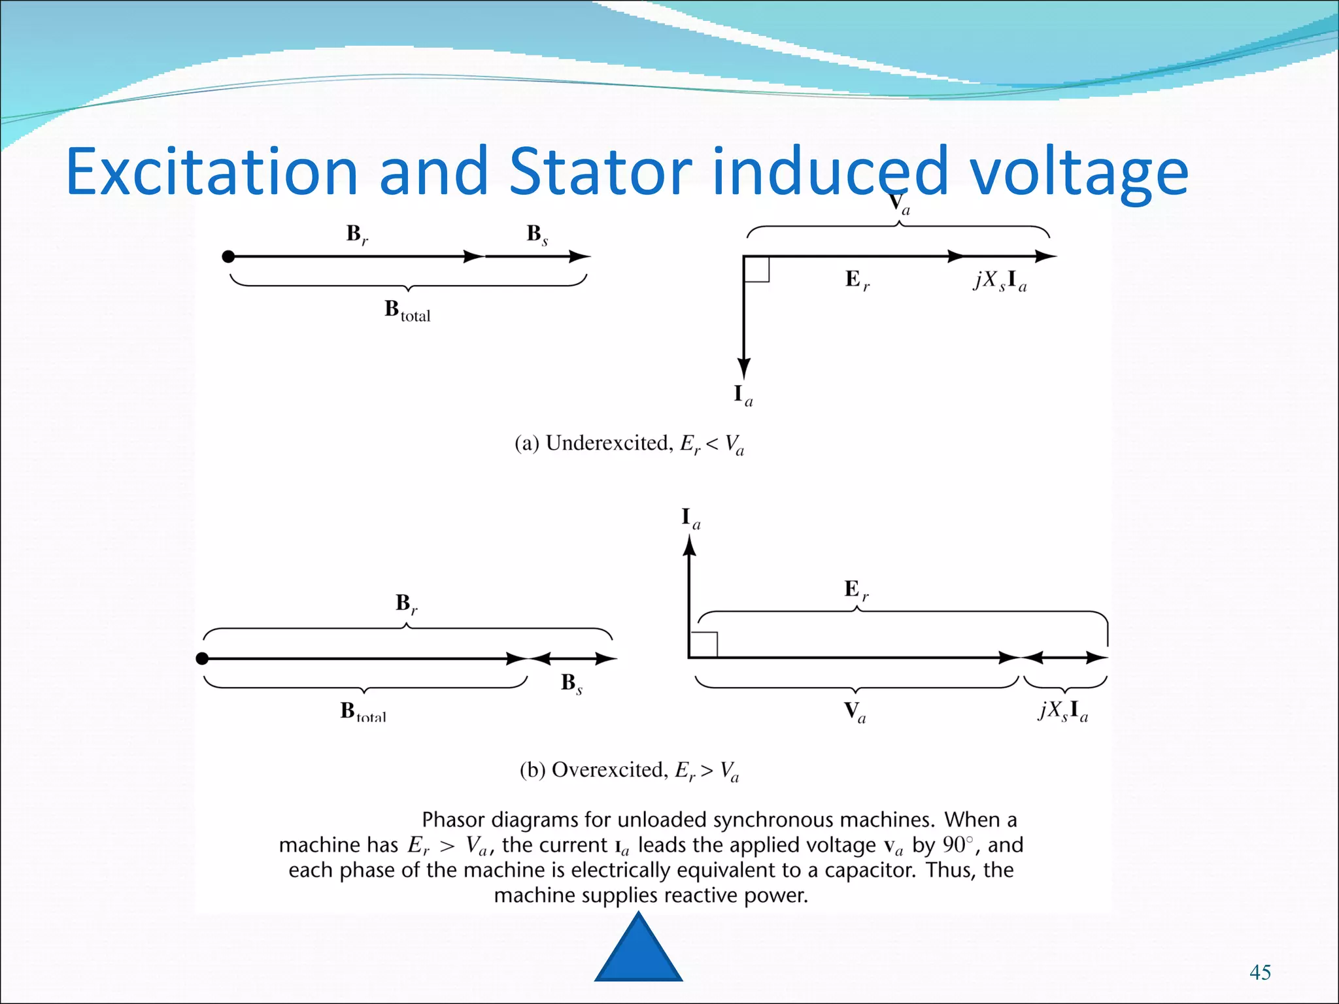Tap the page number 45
[x=1260, y=972]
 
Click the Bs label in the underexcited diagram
[x=537, y=234]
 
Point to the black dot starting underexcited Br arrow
[x=228, y=256]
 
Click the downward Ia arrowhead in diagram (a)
[x=743, y=367]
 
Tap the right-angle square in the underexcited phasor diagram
[x=757, y=269]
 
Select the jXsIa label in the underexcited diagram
[x=1000, y=280]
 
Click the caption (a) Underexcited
[x=629, y=444]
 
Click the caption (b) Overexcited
[x=629, y=771]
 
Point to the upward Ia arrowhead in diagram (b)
[x=689, y=546]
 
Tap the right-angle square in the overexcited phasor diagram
[x=704, y=644]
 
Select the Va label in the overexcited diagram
[x=854, y=711]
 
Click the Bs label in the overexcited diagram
[x=571, y=683]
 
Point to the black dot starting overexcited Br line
[x=202, y=658]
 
